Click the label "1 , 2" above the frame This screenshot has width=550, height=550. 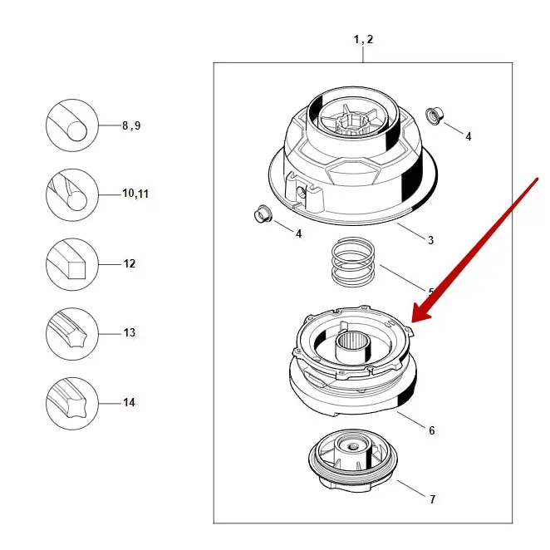363,40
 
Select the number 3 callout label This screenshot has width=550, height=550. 430,241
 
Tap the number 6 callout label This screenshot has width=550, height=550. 431,430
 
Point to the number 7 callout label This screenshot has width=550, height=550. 431,499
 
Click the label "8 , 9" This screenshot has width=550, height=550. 130,126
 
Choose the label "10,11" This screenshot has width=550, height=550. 135,194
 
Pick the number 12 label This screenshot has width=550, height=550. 130,263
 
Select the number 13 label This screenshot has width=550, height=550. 129,332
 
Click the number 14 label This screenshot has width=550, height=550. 129,402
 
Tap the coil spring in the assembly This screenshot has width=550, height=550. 354,262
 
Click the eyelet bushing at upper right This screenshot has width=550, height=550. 432,115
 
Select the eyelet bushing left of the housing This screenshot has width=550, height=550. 262,214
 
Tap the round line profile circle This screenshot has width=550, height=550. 72,125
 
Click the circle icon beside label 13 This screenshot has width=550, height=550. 72,334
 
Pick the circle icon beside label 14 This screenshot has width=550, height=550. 72,403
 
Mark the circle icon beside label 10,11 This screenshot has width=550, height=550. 72,195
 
